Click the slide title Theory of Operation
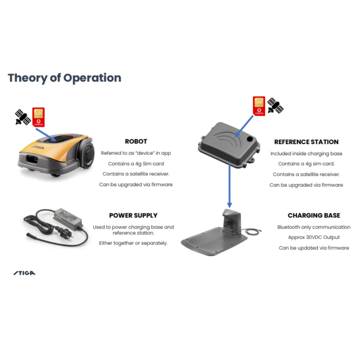pos(64,78)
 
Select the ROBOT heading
pos(136,141)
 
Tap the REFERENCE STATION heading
pos(306,142)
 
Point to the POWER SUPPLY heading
pos(133,215)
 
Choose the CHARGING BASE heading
pos(314,215)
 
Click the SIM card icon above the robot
pos(39,117)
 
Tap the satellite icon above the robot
pos(23,117)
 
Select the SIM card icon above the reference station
pos(259,106)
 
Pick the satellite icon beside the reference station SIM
pos(275,105)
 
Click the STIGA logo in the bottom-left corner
pos(24,273)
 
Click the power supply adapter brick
pos(68,219)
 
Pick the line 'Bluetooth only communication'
pos(314,227)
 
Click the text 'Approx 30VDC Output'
pos(314,237)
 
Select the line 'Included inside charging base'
pos(306,154)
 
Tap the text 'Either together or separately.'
pos(133,243)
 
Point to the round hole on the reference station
pos(249,139)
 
